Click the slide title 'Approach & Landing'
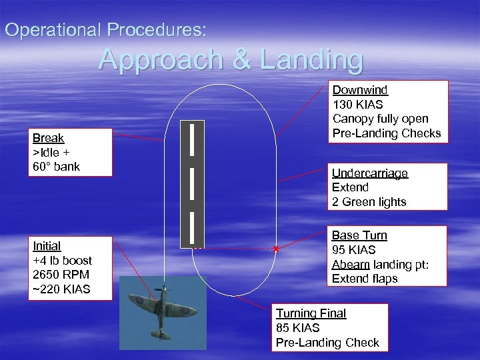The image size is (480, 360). pos(231,60)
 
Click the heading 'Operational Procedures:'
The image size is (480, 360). pos(106,30)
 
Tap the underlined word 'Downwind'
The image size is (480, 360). pos(360,90)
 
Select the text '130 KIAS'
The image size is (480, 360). pos(357,105)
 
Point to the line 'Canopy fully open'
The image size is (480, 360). pos(380,119)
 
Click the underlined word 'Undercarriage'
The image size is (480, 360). pos(369,173)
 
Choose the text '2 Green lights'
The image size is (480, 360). pos(369,202)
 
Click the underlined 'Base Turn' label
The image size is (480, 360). pos(359,235)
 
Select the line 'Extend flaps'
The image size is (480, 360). pos(364,279)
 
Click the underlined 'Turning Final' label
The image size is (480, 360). pos(311,313)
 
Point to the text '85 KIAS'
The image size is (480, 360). pos(297,328)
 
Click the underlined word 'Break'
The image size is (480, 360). pos(48,138)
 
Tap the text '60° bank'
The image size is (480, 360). pos(56,167)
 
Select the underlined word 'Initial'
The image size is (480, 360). pos(47,246)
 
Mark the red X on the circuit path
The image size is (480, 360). pos(275,249)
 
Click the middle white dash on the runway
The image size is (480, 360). pos(192,183)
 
